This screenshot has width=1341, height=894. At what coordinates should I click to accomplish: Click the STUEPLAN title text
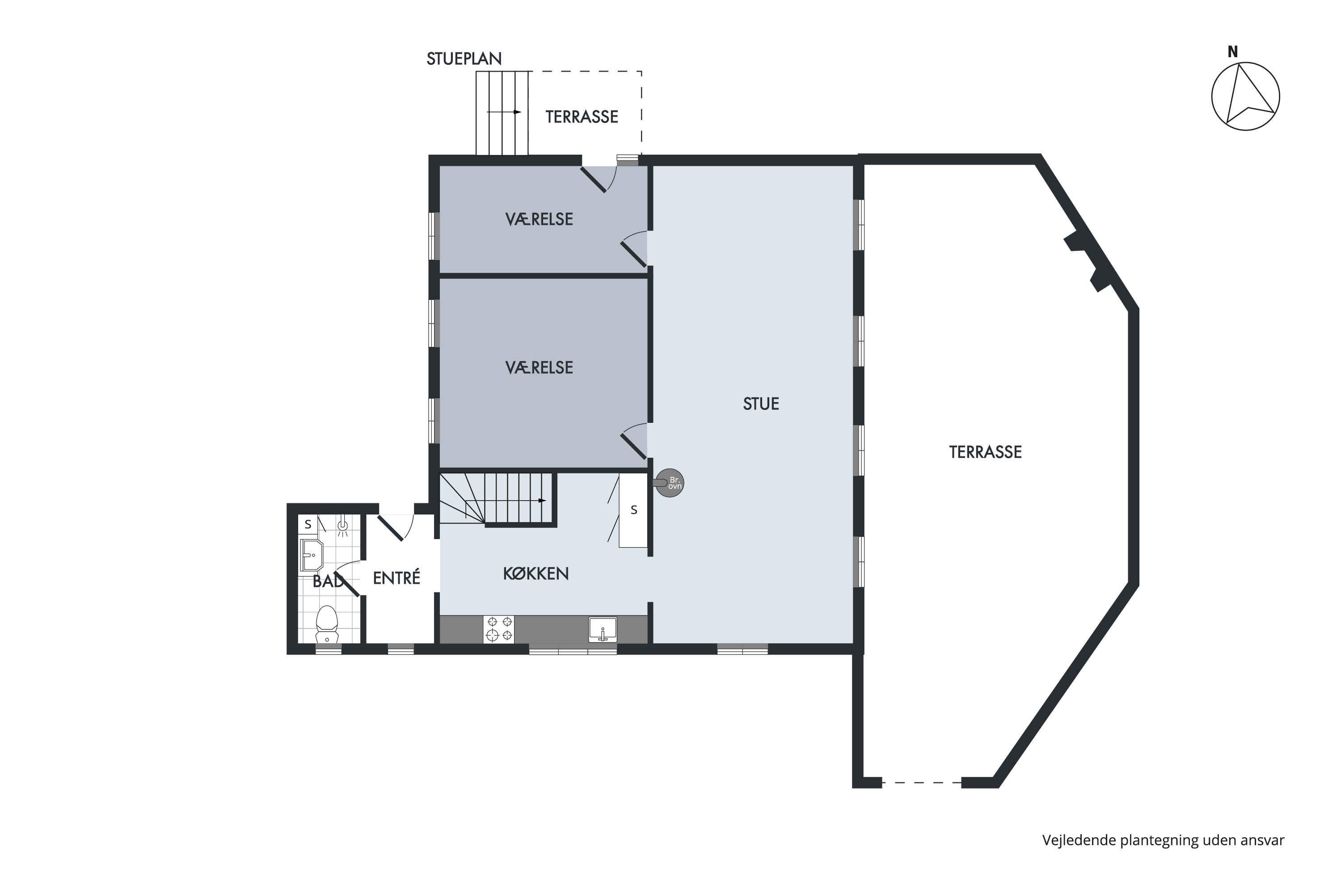tap(464, 59)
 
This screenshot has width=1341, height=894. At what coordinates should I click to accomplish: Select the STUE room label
tap(761, 404)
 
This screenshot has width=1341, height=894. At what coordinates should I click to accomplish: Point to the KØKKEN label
tap(536, 574)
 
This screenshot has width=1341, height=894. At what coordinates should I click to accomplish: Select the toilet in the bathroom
tap(327, 625)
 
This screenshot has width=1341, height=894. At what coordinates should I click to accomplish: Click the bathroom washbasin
tap(311, 555)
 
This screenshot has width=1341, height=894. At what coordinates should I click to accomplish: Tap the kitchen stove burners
tap(498, 629)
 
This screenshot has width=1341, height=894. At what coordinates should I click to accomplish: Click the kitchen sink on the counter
tap(603, 629)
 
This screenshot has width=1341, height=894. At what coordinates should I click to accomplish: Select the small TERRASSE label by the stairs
tap(582, 117)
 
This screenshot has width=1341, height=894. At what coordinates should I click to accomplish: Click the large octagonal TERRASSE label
tap(985, 452)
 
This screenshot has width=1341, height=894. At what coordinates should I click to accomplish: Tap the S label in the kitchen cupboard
tap(634, 510)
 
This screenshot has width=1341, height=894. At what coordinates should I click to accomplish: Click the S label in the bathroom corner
tap(308, 524)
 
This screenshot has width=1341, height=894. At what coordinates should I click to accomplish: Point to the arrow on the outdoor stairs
tap(504, 112)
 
